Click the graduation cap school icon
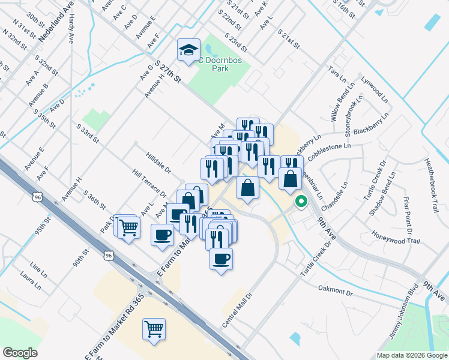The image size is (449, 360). pos(188,50)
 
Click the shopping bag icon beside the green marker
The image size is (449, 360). pos(290,179)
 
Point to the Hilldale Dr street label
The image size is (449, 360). pos(158,161)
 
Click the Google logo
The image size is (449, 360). pos(20,352)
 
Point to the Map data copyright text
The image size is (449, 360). pos(412,355)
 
